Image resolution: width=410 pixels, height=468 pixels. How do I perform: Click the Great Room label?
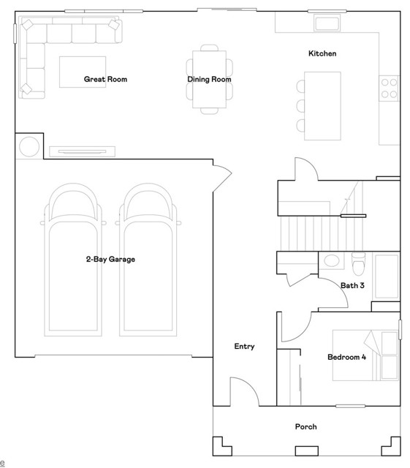105,79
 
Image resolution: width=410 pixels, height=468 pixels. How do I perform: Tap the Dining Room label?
209,79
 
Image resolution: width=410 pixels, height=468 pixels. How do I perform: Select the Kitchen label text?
322,53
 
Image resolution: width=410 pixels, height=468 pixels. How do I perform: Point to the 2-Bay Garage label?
110,259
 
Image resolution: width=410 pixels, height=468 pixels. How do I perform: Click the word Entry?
244,346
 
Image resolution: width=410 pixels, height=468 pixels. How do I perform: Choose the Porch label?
306,426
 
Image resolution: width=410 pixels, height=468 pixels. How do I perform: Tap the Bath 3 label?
352,285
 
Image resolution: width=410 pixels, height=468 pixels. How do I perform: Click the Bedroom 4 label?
346,357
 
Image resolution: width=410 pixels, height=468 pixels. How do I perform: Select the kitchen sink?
327,23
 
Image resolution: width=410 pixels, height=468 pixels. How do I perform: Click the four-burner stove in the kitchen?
389,88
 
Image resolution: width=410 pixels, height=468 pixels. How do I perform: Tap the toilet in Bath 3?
358,263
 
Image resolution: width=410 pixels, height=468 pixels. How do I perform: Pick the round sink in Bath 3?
332,260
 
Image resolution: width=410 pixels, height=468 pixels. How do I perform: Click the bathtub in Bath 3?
387,276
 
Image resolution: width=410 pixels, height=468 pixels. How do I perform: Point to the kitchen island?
322,106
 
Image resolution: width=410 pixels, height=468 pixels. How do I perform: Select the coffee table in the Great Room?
83,72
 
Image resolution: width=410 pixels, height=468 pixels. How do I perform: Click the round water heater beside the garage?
29,146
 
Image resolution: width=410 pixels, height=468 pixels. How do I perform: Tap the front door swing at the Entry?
244,392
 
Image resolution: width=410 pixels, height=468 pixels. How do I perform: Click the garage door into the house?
222,178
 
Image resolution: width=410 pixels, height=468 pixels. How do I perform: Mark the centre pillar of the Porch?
306,450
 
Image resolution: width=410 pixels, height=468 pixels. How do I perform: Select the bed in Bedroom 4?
365,355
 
